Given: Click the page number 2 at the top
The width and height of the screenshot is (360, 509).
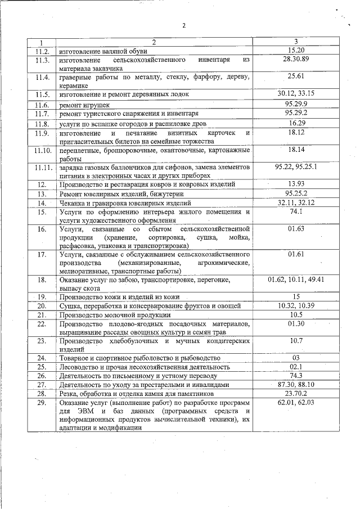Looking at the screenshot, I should [184, 25].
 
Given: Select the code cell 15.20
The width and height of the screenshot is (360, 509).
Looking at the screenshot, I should [295, 50].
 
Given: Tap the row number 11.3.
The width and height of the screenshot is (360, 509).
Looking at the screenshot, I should [42, 60].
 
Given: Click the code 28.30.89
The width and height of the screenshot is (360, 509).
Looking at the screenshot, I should [296, 59].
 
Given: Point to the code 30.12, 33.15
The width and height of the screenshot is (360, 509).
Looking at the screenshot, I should [296, 93].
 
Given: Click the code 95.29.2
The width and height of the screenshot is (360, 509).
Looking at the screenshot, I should [296, 113].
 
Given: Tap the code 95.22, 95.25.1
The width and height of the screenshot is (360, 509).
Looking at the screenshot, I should [296, 168].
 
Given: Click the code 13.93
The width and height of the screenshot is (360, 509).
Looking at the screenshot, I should [296, 184].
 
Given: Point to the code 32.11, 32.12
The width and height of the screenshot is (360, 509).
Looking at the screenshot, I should [296, 202].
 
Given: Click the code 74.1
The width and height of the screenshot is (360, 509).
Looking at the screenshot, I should [296, 211].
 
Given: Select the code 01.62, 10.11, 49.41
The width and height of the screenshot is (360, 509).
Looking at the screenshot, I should [296, 279].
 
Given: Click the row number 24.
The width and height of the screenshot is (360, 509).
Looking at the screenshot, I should [42, 358].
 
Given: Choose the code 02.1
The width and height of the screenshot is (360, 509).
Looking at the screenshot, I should [296, 367].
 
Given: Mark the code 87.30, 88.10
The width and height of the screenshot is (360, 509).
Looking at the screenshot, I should [296, 384].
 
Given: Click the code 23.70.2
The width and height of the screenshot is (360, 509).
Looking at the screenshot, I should [296, 393].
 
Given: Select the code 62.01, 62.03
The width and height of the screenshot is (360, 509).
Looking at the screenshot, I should [296, 403].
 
